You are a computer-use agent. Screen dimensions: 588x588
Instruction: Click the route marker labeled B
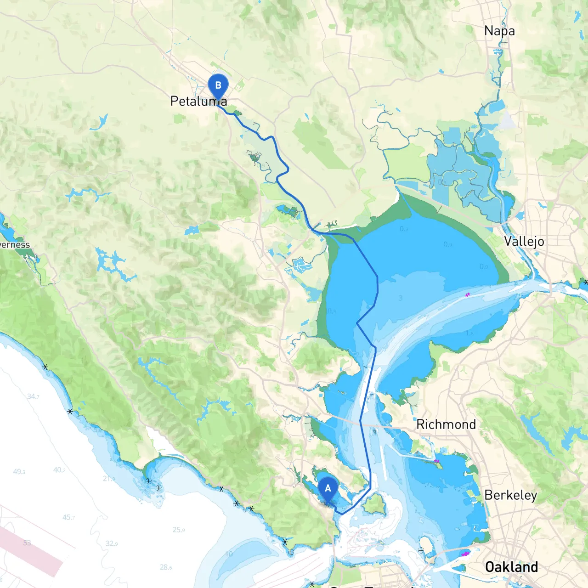coord(218,86)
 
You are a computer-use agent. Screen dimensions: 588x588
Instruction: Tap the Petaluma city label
coord(198,101)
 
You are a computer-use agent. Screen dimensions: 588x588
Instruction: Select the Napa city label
coord(499,31)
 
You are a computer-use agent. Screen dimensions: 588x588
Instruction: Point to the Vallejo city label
coord(524,241)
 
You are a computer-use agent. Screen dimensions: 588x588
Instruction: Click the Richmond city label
coord(446,424)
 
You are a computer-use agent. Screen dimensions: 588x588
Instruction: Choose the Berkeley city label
coord(510,495)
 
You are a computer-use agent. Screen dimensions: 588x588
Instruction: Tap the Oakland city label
coord(511,567)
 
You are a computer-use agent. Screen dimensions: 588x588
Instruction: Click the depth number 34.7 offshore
coord(33,396)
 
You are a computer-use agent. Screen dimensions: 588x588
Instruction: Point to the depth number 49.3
coord(19,472)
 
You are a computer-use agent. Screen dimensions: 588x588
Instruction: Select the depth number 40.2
coord(59,470)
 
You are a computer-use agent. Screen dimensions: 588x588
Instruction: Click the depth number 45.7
coord(68,518)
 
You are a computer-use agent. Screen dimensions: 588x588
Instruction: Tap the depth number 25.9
coord(178,530)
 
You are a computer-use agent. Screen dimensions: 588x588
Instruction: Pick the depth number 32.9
coord(112,543)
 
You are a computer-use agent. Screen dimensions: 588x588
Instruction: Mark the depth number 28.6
coord(166,567)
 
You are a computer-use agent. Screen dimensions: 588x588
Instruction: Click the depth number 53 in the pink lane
coord(27,543)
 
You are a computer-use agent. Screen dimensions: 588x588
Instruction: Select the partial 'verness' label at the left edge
coord(15,245)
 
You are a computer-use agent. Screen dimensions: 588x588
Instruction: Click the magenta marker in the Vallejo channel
coord(468,295)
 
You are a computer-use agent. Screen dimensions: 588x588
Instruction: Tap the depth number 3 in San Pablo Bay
coord(401,298)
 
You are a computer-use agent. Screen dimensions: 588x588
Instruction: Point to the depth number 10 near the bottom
coord(229,554)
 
